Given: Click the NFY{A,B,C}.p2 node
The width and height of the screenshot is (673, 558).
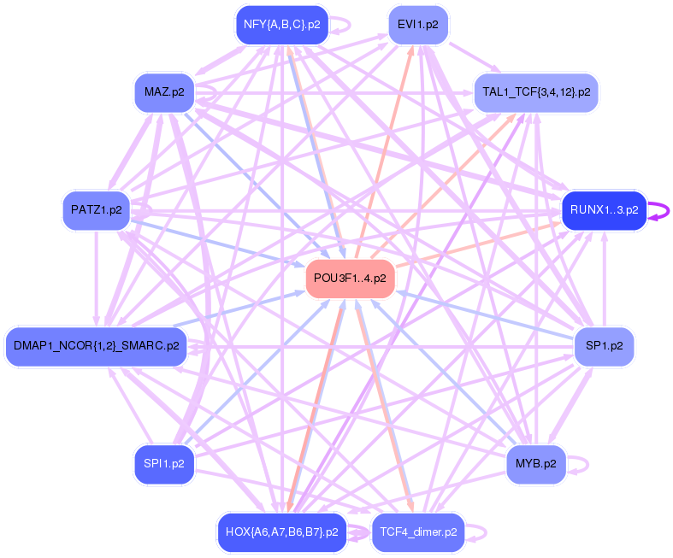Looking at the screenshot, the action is (x=282, y=25).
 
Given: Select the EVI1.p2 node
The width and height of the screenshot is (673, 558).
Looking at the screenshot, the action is (x=418, y=25).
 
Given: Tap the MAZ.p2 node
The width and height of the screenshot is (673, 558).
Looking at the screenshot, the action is (x=164, y=92).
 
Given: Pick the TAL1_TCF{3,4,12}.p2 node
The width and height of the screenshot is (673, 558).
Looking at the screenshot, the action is (x=536, y=92).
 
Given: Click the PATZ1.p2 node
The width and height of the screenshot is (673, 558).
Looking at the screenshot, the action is (x=97, y=209).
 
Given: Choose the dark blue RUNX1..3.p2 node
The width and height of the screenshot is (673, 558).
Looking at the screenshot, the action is (x=604, y=209).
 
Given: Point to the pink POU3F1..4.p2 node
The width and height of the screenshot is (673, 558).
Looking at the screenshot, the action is (x=350, y=279).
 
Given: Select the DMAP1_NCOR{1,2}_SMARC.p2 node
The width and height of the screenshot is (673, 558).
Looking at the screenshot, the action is (x=96, y=346).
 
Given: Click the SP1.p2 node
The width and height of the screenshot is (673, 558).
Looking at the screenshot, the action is (x=604, y=346).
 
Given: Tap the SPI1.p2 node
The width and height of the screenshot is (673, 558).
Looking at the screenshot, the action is (x=164, y=464).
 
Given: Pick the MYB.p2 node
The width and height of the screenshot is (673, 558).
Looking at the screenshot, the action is (x=536, y=464).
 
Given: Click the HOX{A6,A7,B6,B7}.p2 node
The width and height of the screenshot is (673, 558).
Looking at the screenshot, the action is (x=282, y=532).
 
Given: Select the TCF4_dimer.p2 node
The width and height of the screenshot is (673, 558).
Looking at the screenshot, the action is (x=418, y=532).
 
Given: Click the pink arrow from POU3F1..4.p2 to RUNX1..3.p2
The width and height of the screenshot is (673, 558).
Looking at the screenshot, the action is (x=479, y=244).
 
